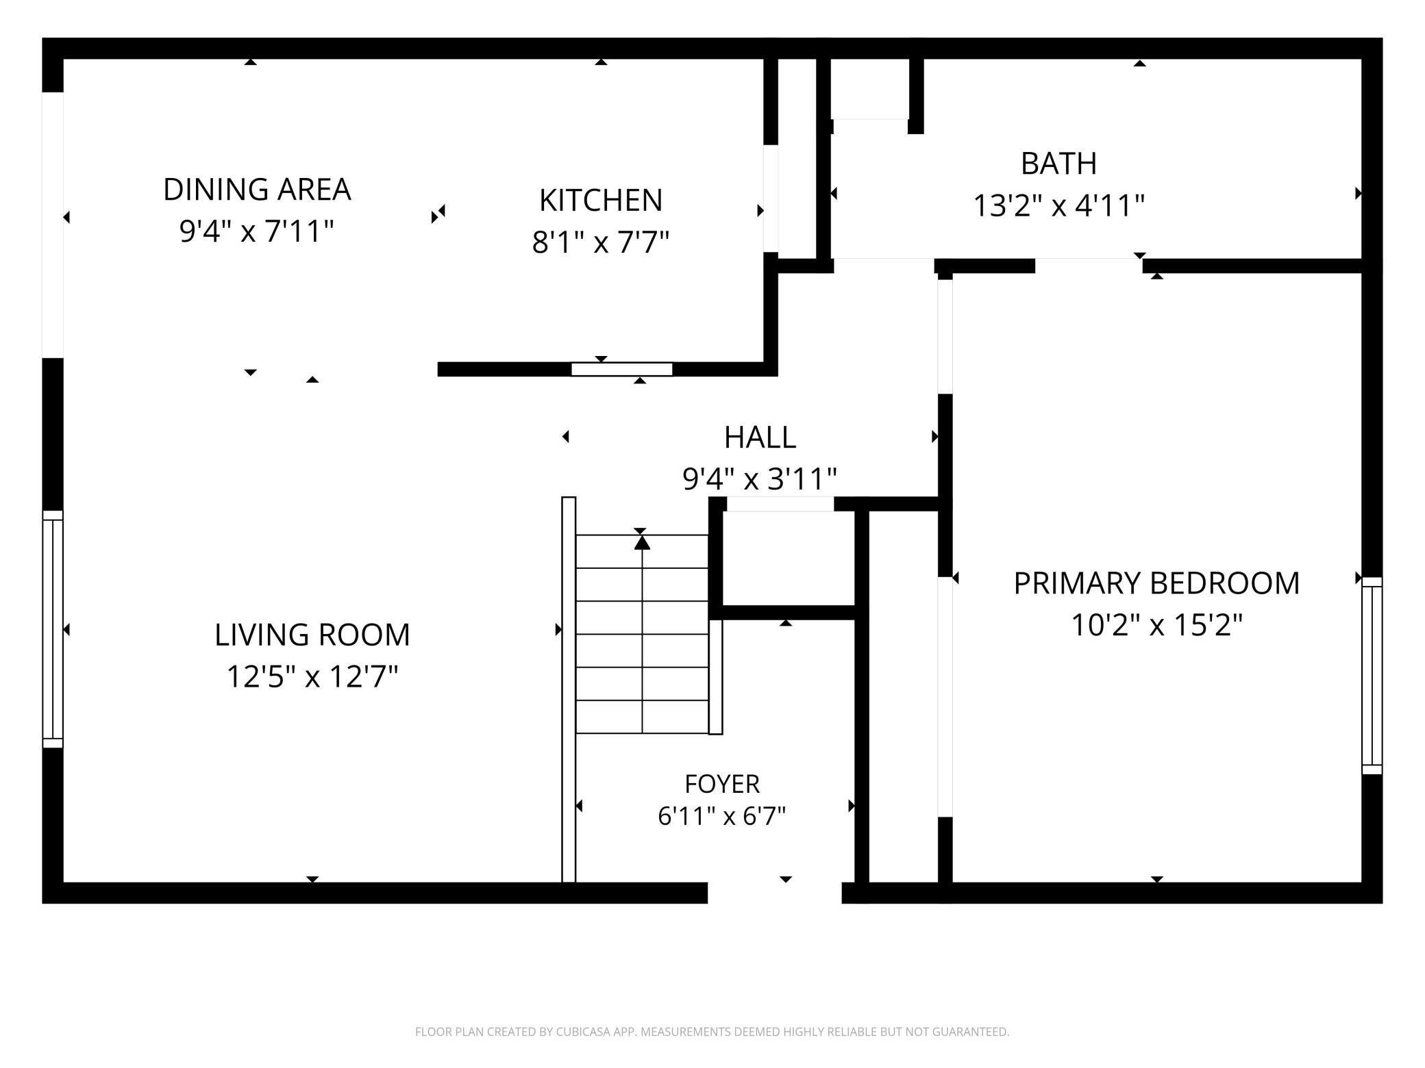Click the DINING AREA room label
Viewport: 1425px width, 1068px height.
[257, 190]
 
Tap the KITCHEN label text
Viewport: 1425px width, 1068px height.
[601, 201]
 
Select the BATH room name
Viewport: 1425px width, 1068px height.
[1058, 164]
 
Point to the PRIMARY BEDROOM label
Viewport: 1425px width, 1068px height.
[1156, 583]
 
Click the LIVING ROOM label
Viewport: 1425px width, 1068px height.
[312, 635]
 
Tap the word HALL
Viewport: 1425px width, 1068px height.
[760, 437]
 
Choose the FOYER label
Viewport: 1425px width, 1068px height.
[722, 783]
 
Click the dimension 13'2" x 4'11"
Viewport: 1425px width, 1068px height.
[1059, 205]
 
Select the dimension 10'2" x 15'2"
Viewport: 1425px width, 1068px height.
[1156, 625]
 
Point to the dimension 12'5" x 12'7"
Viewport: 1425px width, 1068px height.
[312, 677]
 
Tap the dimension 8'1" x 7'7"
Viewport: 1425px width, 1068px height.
[601, 242]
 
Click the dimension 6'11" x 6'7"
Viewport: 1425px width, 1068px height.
[722, 816]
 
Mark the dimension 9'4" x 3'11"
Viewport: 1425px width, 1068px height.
[760, 479]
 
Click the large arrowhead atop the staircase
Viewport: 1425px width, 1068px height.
[642, 542]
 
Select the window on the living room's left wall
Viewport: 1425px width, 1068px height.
[53, 629]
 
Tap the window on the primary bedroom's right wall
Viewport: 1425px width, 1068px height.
[1372, 676]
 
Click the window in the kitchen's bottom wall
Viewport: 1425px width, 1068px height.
[622, 370]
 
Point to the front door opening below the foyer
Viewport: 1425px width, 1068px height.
[774, 893]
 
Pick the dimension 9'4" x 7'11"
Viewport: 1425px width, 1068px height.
[257, 232]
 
